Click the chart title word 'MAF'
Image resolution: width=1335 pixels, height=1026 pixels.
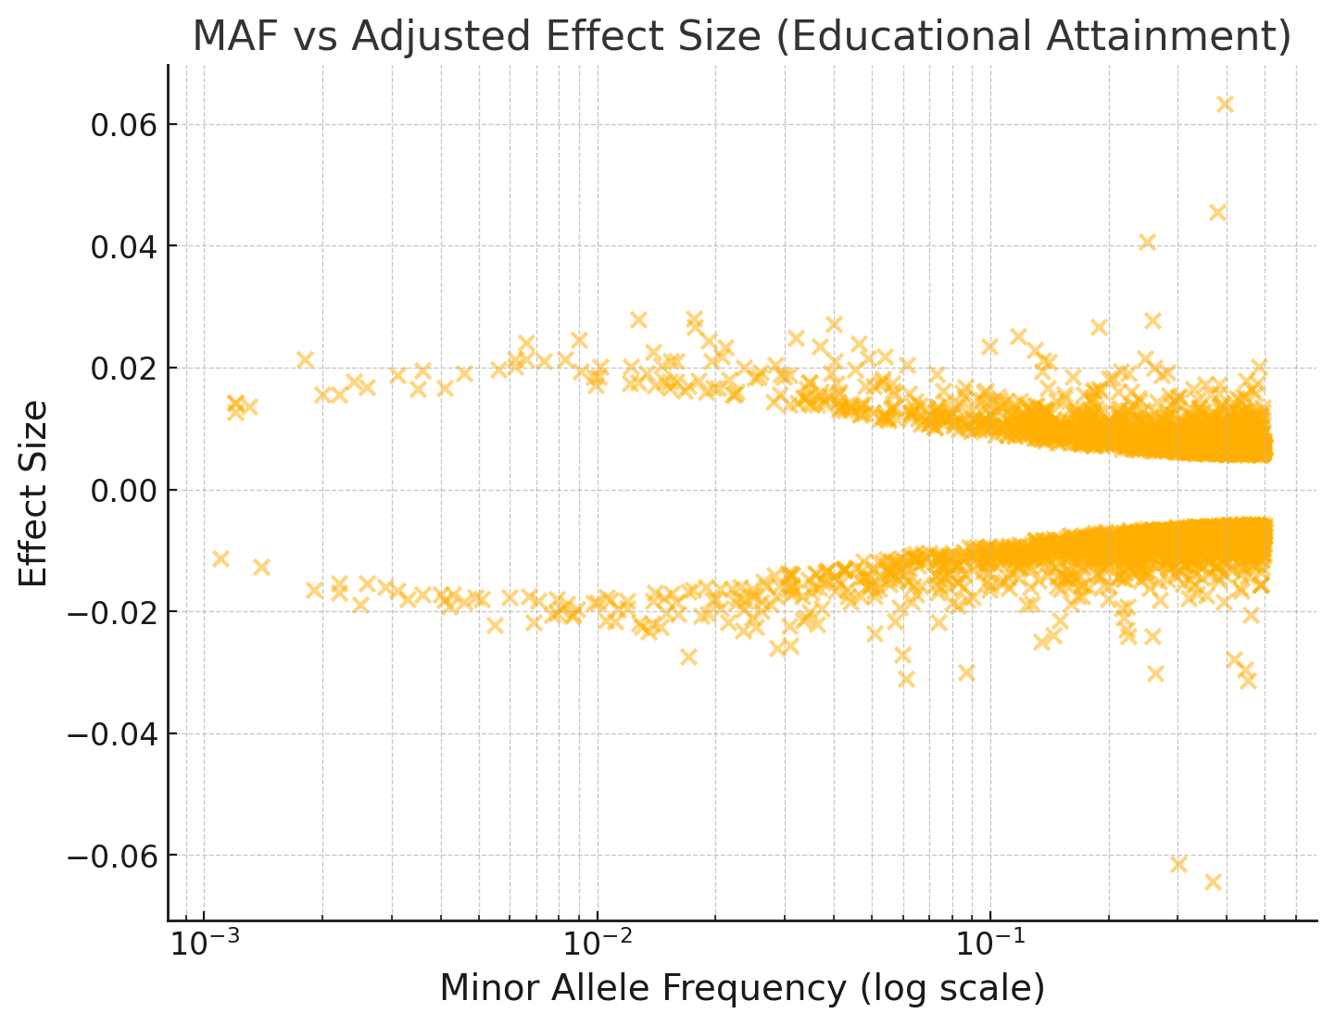click(x=233, y=37)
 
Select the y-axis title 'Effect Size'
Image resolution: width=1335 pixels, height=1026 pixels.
click(x=33, y=493)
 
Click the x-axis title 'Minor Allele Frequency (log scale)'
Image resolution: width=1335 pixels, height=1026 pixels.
click(x=741, y=988)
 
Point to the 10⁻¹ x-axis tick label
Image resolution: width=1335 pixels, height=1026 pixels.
click(x=990, y=944)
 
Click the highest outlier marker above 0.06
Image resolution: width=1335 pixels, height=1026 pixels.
click(x=1225, y=105)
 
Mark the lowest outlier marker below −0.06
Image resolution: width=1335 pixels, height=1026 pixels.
click(x=1213, y=882)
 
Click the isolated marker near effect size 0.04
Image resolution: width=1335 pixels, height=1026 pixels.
click(x=1147, y=243)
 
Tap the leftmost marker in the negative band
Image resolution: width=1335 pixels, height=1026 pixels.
click(x=220, y=558)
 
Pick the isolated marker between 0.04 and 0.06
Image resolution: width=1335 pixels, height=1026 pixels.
click(x=1218, y=213)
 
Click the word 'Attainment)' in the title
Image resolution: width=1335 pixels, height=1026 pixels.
click(x=1188, y=37)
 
